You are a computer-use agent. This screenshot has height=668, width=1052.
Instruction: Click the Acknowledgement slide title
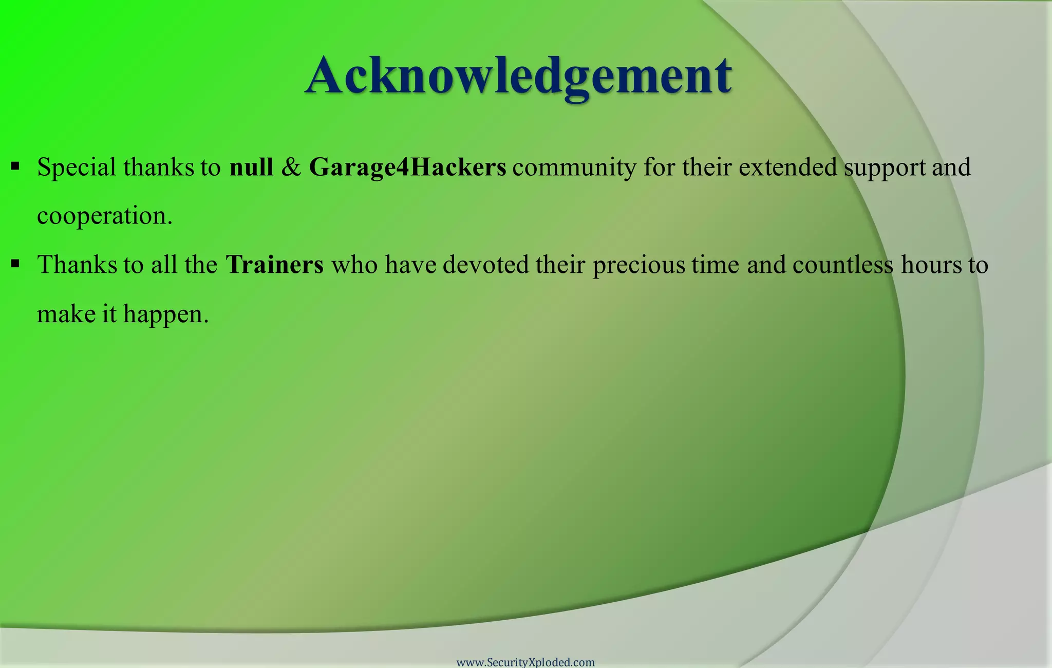(x=519, y=76)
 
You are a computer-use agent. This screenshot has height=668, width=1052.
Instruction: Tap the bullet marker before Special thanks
(x=15, y=166)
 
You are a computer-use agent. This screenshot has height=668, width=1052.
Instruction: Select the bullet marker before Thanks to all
(x=15, y=264)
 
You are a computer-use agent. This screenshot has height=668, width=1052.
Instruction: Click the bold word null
(x=251, y=167)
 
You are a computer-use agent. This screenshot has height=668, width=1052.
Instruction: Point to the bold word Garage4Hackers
(x=407, y=168)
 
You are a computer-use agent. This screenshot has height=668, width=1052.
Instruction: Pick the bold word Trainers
(x=275, y=265)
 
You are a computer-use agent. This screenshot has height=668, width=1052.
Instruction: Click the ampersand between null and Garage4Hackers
(x=291, y=168)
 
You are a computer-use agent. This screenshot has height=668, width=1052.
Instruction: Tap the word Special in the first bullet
(x=77, y=168)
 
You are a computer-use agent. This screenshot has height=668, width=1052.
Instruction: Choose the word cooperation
(x=104, y=216)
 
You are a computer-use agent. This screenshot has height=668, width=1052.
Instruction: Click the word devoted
(x=486, y=265)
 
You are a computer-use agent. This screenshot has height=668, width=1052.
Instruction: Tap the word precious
(x=639, y=266)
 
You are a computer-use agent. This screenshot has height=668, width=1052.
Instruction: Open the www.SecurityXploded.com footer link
(x=525, y=662)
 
